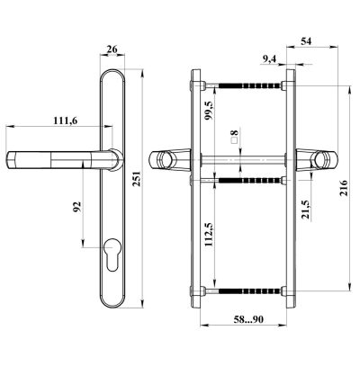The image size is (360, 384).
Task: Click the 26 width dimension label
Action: [x=112, y=49]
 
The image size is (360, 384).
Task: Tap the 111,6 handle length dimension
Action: [x=66, y=121]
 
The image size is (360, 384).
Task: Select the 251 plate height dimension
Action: [x=137, y=179]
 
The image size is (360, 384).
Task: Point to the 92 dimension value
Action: [x=77, y=207]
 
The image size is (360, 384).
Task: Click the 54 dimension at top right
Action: [x=306, y=41]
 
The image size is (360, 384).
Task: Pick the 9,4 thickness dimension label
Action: [x=269, y=59]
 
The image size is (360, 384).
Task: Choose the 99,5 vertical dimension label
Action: [x=209, y=111]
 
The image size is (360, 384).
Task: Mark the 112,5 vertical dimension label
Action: [x=209, y=235]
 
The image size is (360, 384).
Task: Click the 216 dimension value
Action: [x=344, y=188]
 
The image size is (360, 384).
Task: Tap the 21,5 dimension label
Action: [x=306, y=210]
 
